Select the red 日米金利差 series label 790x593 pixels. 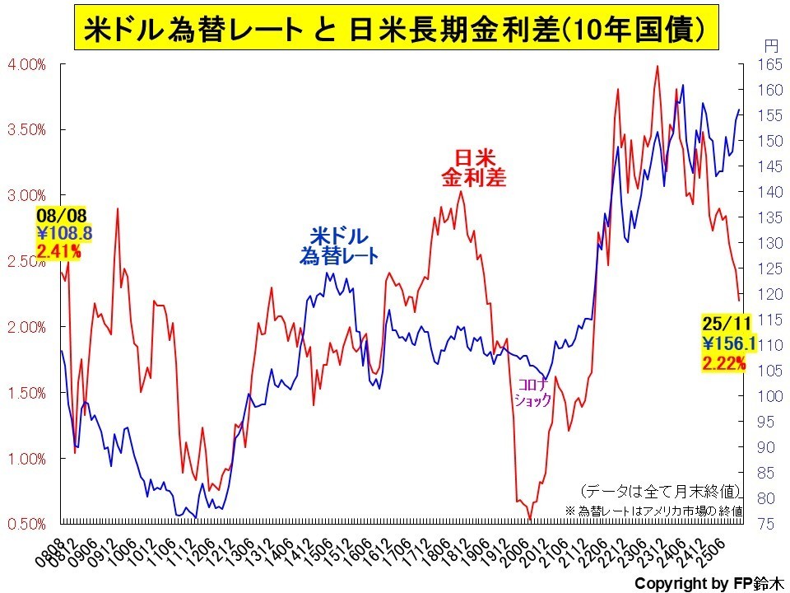[x=473, y=166]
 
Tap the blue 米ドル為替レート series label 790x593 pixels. [x=338, y=246]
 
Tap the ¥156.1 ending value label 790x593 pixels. [x=724, y=344]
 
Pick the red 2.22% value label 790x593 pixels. [x=724, y=362]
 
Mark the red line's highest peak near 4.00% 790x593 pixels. [x=657, y=66]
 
